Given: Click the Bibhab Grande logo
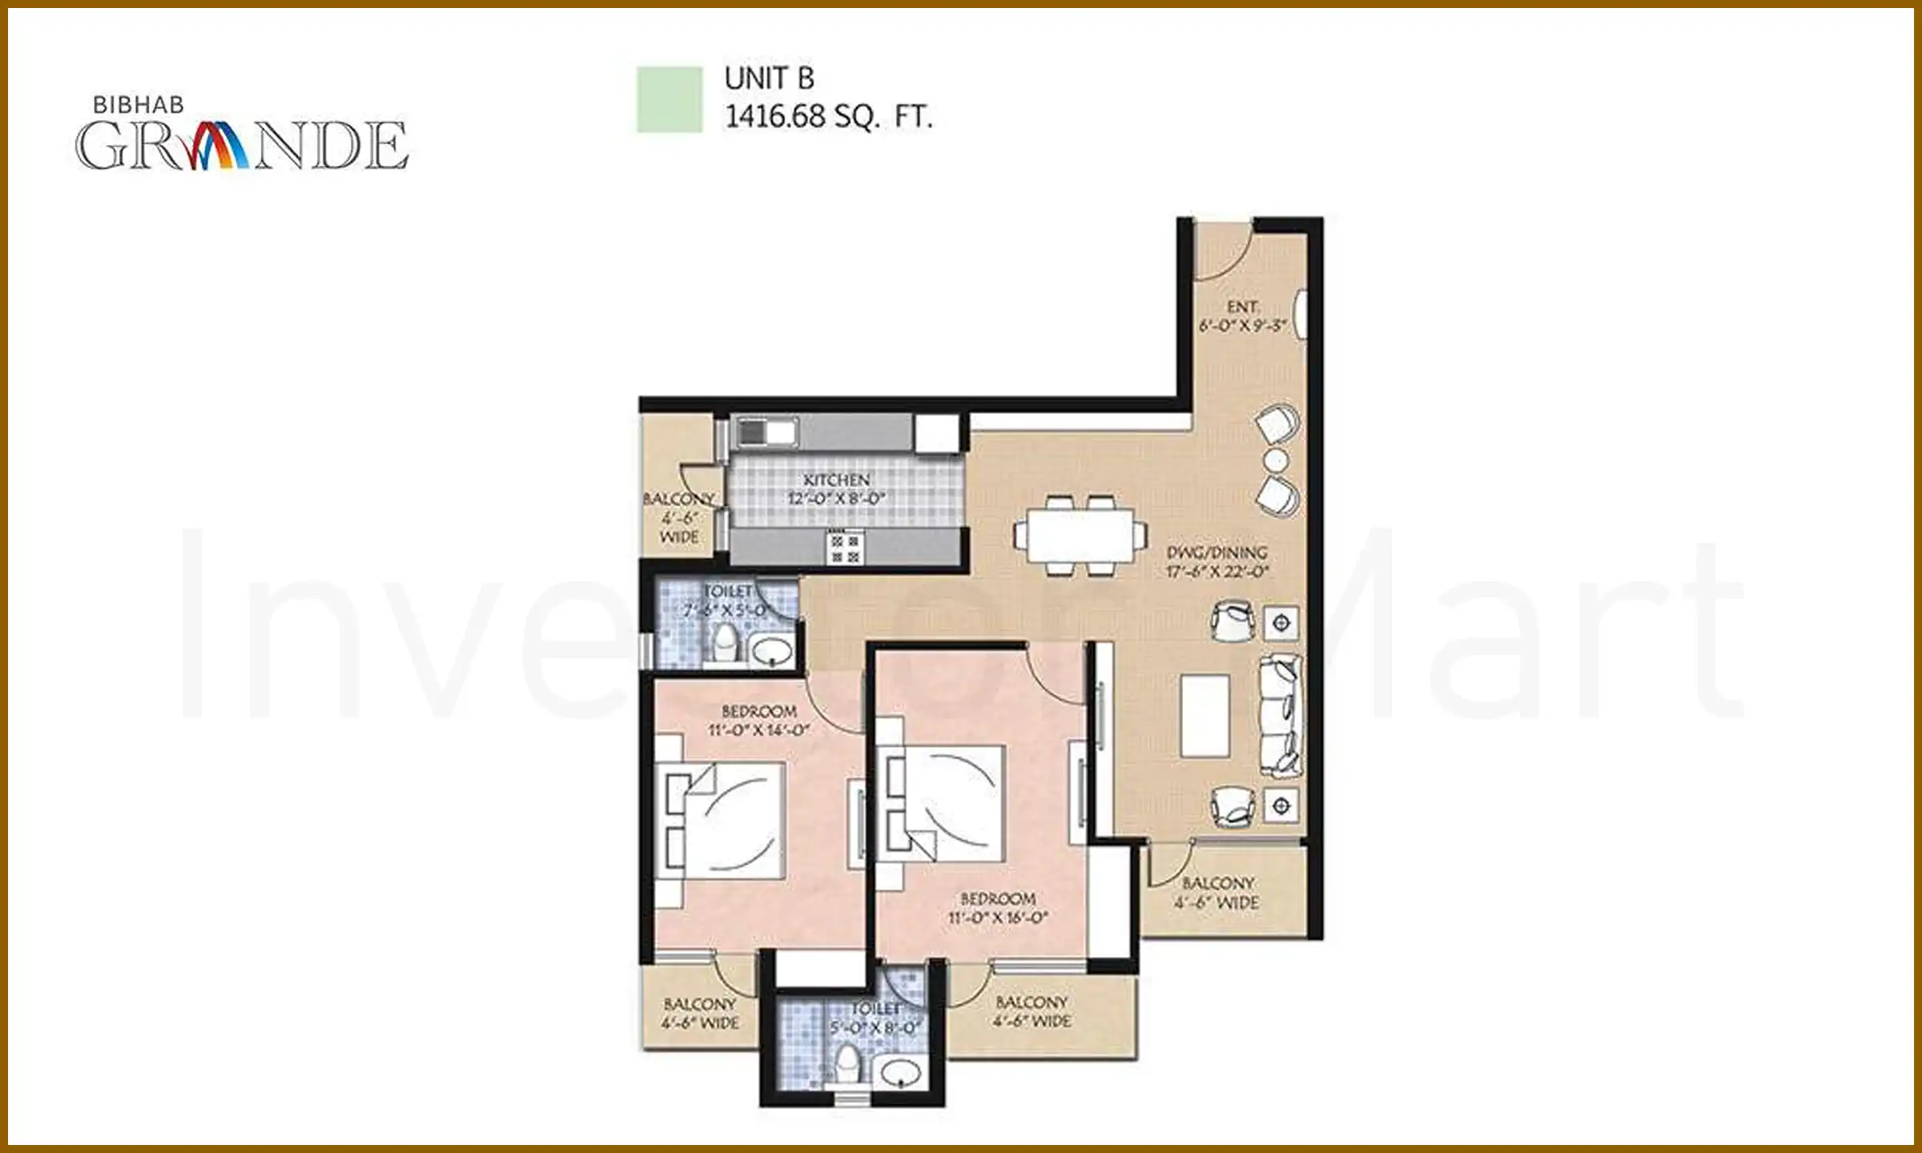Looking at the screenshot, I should pos(240,136).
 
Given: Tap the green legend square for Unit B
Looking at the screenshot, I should pos(669,99).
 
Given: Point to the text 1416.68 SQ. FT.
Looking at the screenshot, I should pos(828,117).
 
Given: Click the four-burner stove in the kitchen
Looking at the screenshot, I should pos(844,548).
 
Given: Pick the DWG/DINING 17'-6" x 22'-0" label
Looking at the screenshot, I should pos(1216,561).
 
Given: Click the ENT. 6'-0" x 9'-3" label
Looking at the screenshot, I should pos(1242,316).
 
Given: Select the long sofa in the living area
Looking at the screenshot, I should pos(1280,715).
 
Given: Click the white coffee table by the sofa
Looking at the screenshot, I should pos(1204,715).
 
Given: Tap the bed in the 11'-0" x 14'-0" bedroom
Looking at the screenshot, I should pos(725,820).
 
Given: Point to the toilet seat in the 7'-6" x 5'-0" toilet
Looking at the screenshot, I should pos(726,643).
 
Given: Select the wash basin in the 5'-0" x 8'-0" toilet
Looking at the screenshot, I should pos(900,1071).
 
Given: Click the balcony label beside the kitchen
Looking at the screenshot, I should pos(679,517).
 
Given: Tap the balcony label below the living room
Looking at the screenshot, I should pos(1217,892).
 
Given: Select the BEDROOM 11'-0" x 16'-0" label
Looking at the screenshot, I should pos(998,908).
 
